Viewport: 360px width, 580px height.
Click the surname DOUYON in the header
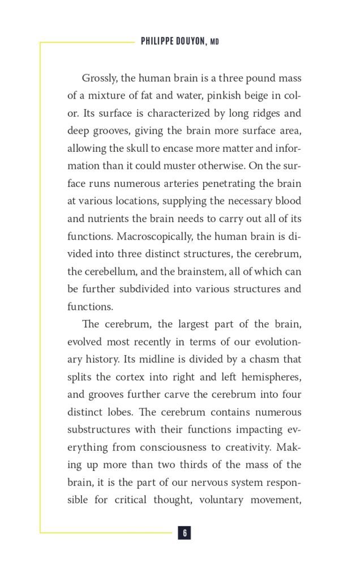click(190, 42)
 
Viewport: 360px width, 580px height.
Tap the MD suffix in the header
click(215, 42)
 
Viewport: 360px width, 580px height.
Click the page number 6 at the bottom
click(185, 532)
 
